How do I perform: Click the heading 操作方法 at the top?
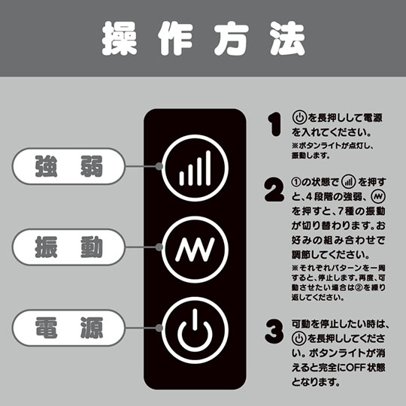click(x=204, y=38)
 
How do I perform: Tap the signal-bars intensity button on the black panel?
click(x=195, y=168)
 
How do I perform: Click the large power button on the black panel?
click(x=195, y=330)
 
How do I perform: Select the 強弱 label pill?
click(x=68, y=166)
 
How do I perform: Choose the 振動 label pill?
click(x=68, y=247)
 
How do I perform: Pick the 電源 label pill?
click(x=68, y=328)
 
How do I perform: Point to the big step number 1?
click(x=274, y=124)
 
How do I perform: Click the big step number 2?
click(x=274, y=189)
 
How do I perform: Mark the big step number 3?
click(x=274, y=331)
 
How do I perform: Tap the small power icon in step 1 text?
click(x=299, y=118)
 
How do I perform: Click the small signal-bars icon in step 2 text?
click(x=349, y=182)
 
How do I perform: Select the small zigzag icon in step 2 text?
click(x=378, y=197)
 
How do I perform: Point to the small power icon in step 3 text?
click(x=299, y=338)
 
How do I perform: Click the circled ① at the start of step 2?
click(x=296, y=182)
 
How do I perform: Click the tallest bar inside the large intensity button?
click(x=208, y=168)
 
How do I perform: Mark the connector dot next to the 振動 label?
click(x=159, y=247)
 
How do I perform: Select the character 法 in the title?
click(x=288, y=38)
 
